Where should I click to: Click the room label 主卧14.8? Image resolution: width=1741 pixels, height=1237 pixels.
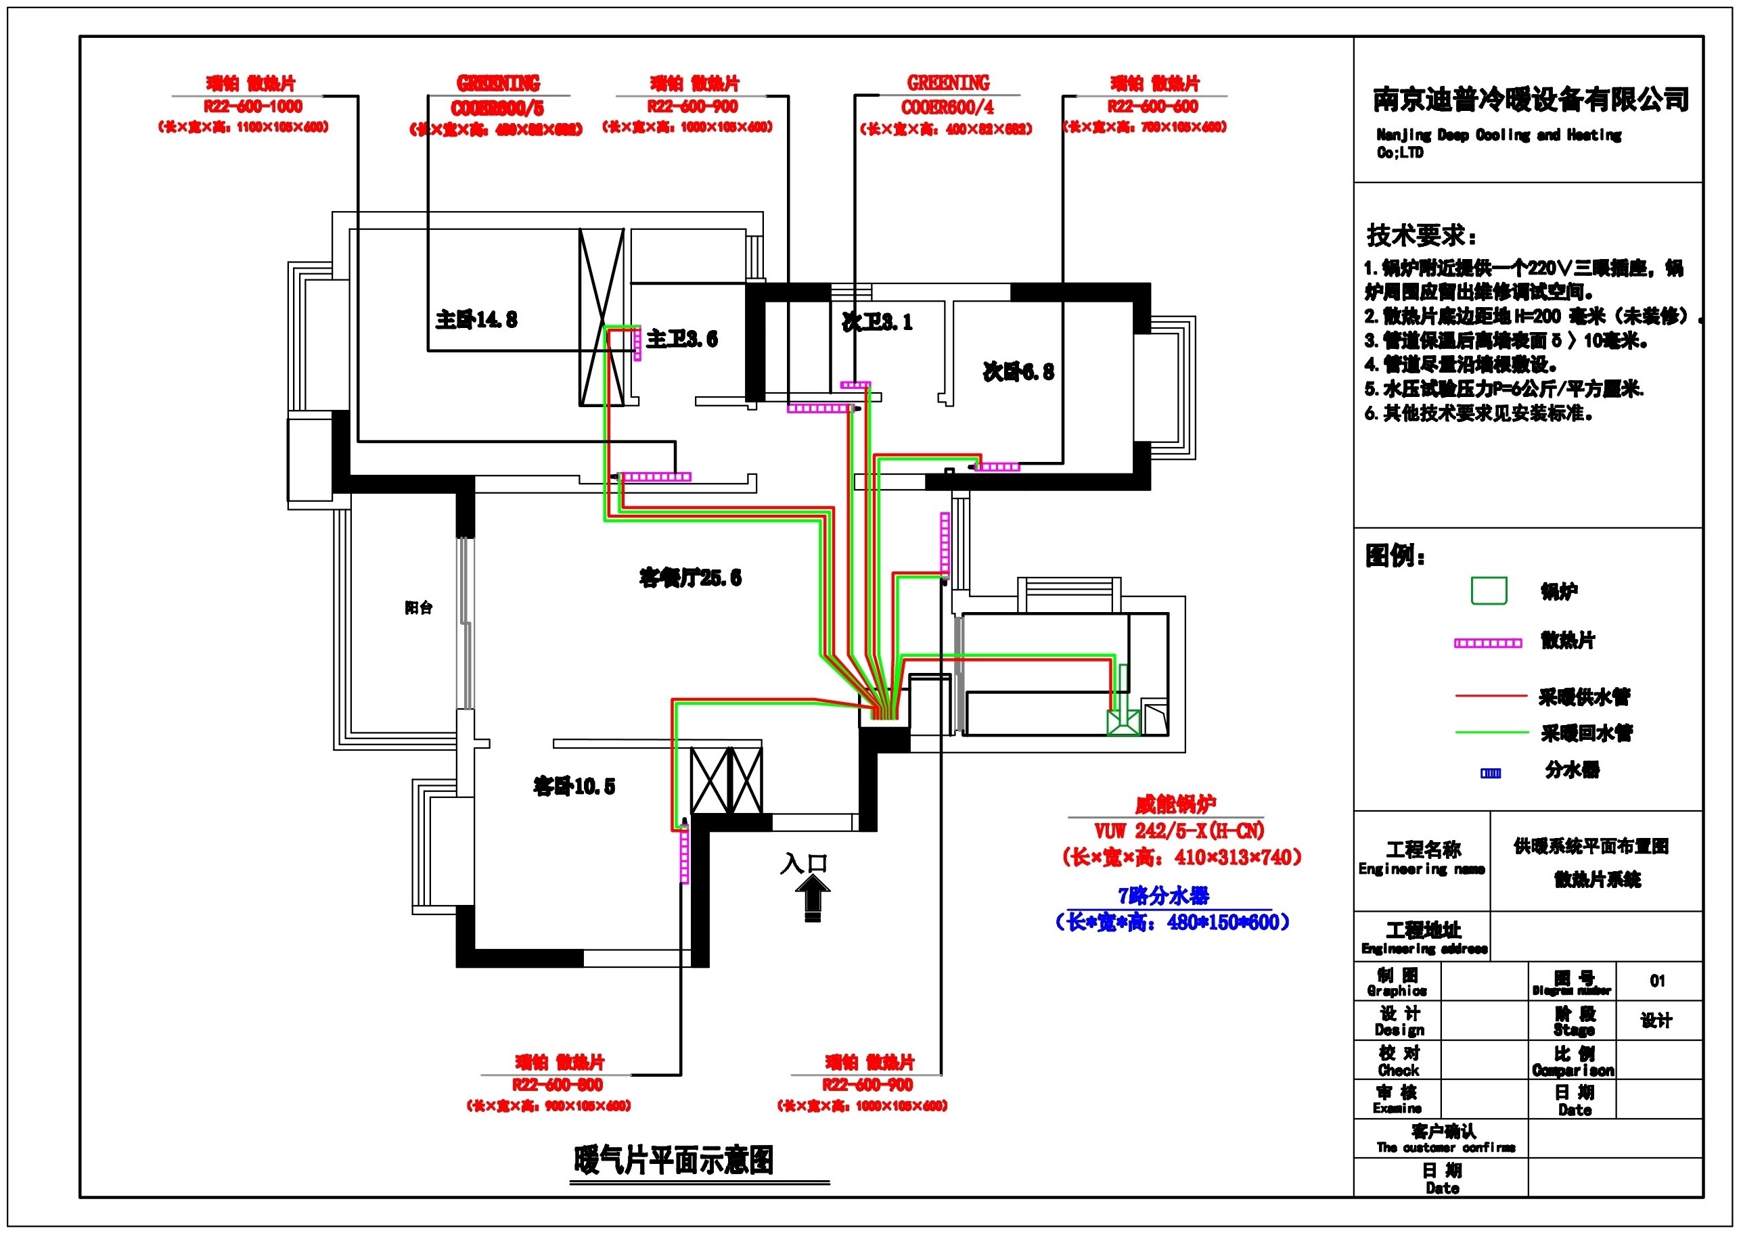click(476, 319)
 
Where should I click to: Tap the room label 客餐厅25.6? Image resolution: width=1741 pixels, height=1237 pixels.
click(689, 578)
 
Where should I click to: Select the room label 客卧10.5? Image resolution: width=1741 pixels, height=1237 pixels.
click(574, 786)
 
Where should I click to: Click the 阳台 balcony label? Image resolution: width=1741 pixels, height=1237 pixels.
click(418, 607)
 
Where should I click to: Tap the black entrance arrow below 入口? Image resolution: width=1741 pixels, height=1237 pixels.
click(812, 897)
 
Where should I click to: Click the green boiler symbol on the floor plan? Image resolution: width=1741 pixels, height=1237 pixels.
click(1123, 722)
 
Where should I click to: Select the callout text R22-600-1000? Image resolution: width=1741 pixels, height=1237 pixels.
click(252, 107)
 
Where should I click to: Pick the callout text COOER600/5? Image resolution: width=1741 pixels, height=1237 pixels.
click(497, 108)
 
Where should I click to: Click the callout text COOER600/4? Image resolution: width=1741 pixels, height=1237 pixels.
click(947, 108)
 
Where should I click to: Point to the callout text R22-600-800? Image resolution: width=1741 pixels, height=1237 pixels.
click(557, 1085)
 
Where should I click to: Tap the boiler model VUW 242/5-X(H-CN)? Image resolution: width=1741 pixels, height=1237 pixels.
click(1179, 831)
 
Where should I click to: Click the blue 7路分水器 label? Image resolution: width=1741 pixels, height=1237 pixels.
click(1163, 895)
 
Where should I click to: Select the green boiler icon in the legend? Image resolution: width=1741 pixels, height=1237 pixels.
click(1488, 591)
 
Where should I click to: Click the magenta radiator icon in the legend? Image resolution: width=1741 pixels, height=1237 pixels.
click(1487, 643)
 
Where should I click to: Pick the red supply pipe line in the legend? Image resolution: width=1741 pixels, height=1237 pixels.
click(1491, 695)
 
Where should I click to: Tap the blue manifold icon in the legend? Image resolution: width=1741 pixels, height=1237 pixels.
click(1491, 773)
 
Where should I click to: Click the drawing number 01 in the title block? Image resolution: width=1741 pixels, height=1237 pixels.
click(1657, 981)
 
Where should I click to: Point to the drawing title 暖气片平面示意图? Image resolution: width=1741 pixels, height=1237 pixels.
click(673, 1160)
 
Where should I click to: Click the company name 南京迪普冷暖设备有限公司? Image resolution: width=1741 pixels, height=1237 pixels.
click(1531, 99)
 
